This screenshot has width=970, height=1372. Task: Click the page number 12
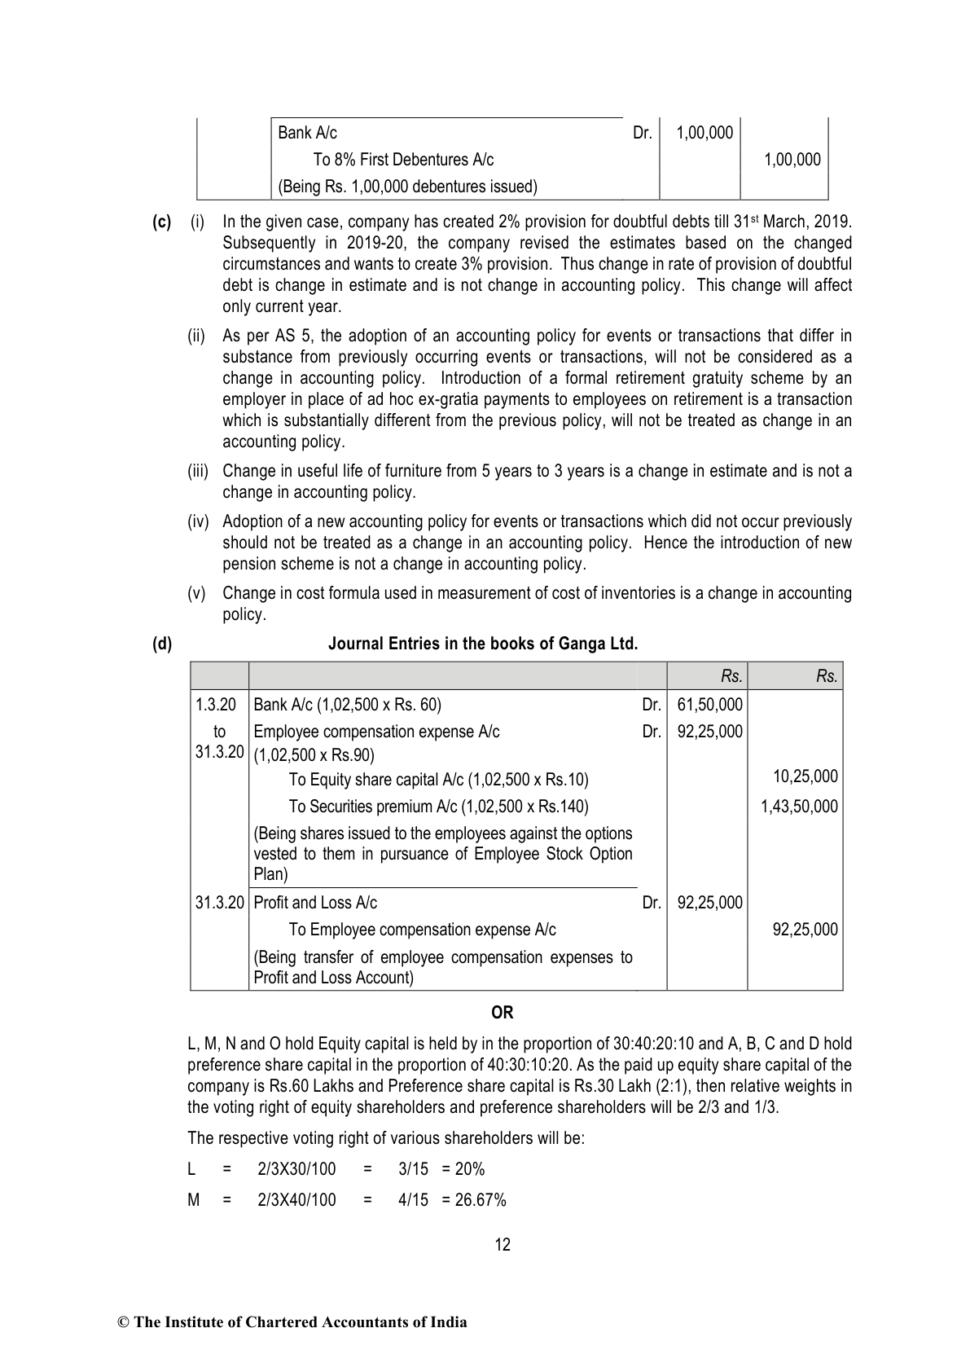[503, 1244]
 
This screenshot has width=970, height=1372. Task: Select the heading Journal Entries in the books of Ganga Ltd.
[483, 644]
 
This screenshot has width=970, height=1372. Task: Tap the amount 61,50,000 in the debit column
[709, 705]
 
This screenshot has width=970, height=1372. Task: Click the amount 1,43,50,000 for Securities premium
[799, 807]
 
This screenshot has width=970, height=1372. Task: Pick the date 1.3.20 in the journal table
[216, 705]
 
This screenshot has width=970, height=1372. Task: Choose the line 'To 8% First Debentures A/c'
[403, 160]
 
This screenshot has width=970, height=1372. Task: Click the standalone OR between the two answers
[503, 1013]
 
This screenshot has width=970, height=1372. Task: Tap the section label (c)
[161, 222]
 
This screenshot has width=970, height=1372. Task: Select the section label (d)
[162, 644]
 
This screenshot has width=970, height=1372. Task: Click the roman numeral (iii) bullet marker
[198, 471]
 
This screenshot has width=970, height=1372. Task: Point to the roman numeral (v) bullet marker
[196, 593]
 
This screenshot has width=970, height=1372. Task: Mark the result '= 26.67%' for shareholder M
[474, 1200]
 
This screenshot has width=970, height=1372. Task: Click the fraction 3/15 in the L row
[413, 1169]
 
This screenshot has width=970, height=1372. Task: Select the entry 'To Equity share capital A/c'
[438, 780]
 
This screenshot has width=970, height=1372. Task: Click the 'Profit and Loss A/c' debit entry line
[315, 903]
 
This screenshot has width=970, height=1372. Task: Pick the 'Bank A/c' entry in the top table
[307, 133]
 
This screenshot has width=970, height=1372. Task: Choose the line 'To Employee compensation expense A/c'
[422, 930]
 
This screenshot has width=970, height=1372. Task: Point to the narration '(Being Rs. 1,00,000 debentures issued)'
[407, 187]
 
